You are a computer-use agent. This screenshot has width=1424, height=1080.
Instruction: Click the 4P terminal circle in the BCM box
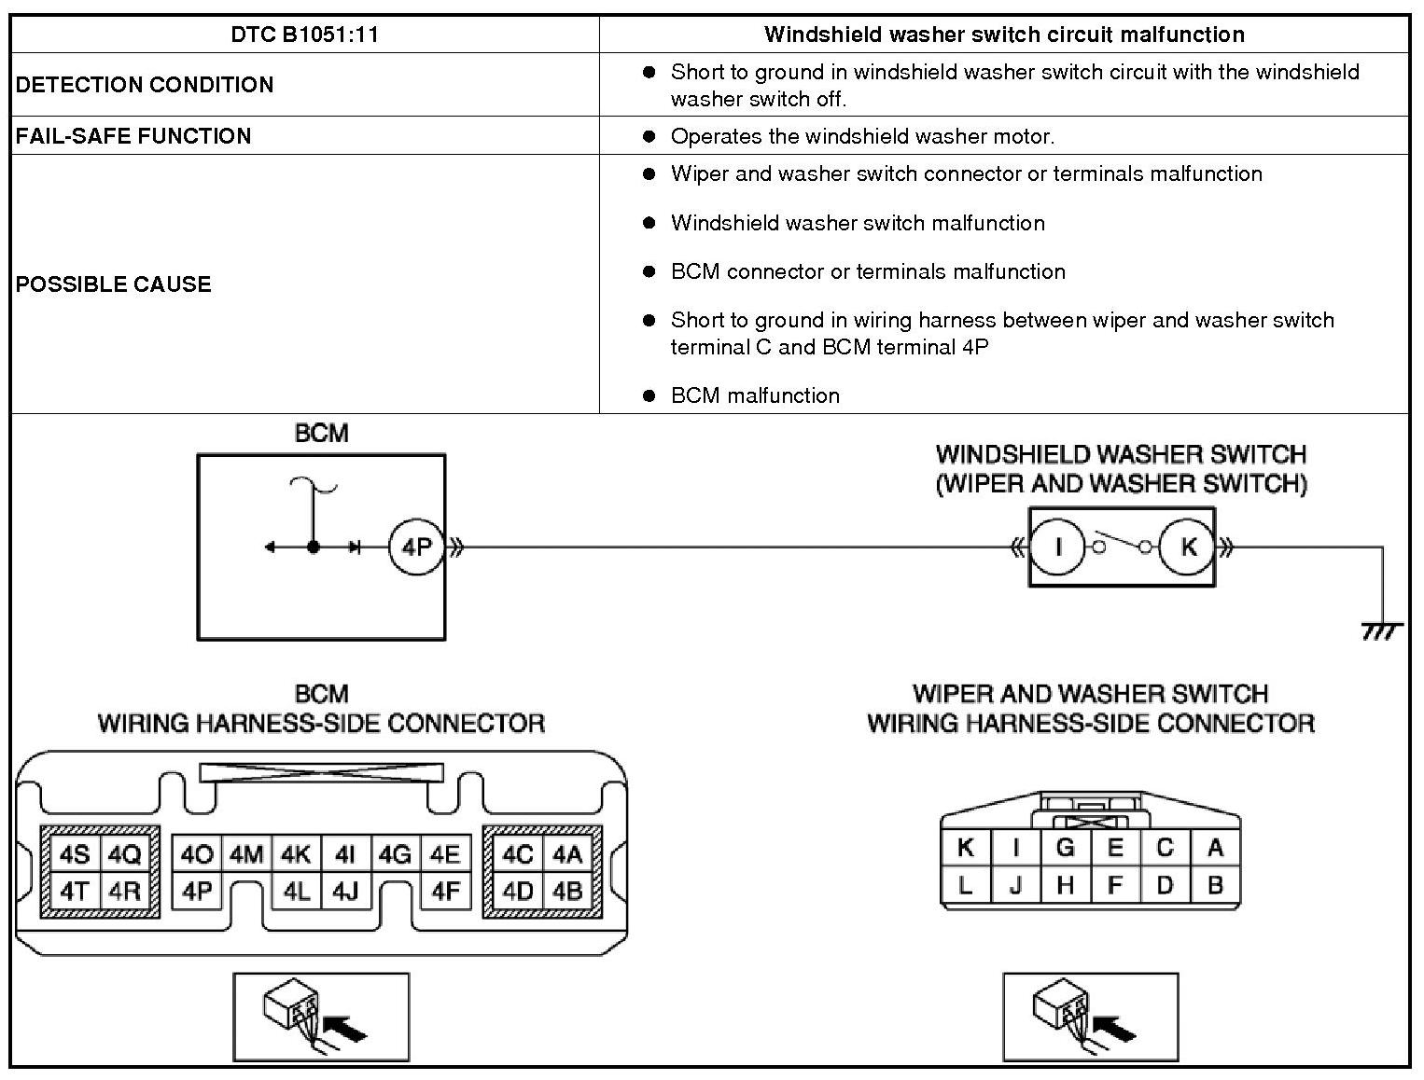point(416,547)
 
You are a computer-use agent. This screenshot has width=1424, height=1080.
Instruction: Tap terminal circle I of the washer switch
point(1057,547)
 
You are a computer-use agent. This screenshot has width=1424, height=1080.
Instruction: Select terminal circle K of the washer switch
point(1187,547)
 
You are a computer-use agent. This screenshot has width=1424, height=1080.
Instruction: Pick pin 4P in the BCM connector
point(197,892)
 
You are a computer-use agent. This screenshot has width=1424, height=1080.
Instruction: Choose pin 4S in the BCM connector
point(75,854)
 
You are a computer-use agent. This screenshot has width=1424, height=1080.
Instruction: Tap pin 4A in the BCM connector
point(566,854)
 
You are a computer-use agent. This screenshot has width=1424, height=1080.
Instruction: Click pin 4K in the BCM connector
point(296,854)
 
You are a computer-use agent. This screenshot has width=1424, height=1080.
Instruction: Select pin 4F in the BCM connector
point(445,892)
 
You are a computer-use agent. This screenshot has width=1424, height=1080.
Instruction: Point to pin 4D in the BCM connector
point(517,892)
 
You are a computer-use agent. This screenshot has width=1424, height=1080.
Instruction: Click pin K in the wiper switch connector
point(966,848)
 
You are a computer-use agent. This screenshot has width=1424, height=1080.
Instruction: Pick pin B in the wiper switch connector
point(1214,884)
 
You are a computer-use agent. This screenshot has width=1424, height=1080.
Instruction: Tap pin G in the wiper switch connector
point(1065,848)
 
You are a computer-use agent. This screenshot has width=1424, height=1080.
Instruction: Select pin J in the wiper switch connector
point(1015,884)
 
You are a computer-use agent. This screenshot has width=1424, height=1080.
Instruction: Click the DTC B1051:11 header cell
point(304,35)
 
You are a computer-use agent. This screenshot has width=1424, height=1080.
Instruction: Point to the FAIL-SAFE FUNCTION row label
point(133,136)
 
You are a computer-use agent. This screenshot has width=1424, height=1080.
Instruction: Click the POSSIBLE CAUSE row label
point(114,284)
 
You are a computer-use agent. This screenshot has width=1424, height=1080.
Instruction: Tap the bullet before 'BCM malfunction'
point(649,395)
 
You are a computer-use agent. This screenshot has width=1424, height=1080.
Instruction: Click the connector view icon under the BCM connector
point(321,1017)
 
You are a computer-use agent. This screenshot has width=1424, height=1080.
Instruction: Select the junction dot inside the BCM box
point(314,547)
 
